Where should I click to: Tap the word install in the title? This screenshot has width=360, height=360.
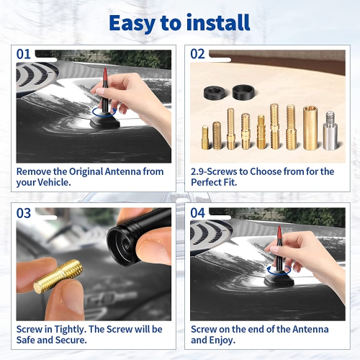click(x=218, y=22)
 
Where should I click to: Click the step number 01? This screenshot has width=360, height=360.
click(x=24, y=54)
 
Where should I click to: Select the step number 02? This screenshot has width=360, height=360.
click(x=197, y=54)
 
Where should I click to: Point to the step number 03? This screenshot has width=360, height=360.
click(x=24, y=213)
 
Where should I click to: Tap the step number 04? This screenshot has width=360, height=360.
click(x=197, y=213)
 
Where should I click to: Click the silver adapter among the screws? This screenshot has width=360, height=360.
click(x=330, y=130)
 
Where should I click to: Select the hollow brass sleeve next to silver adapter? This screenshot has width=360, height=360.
click(x=310, y=128)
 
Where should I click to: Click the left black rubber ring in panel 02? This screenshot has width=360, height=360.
click(x=215, y=93)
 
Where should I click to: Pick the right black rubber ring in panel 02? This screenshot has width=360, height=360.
click(x=244, y=91)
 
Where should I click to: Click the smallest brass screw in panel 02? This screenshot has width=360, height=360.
click(x=205, y=138)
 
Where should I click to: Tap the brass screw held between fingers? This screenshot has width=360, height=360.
click(x=58, y=276)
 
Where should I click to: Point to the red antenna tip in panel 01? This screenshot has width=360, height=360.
click(x=105, y=76)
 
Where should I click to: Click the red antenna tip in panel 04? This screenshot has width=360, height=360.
click(x=279, y=234)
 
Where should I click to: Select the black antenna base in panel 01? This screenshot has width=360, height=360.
click(x=105, y=121)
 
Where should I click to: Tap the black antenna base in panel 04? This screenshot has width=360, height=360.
click(x=279, y=280)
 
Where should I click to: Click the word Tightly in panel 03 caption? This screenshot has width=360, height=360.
click(x=70, y=330)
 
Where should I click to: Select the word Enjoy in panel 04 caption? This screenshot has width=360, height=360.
click(x=222, y=341)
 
